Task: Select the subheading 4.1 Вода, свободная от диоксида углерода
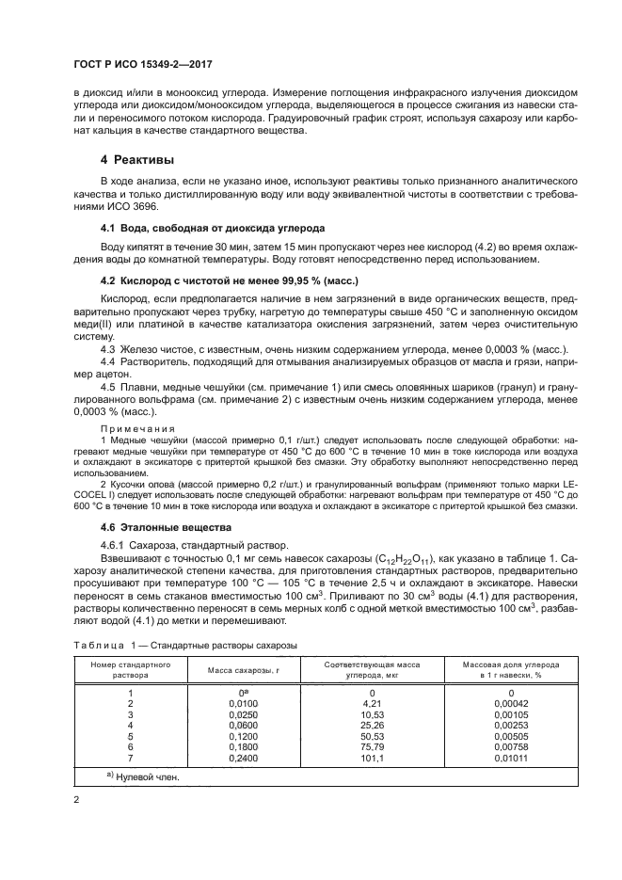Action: [x=213, y=229]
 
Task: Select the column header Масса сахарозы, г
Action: [x=222, y=670]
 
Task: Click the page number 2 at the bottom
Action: [x=77, y=800]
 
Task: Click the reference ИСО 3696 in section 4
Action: [x=134, y=206]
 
